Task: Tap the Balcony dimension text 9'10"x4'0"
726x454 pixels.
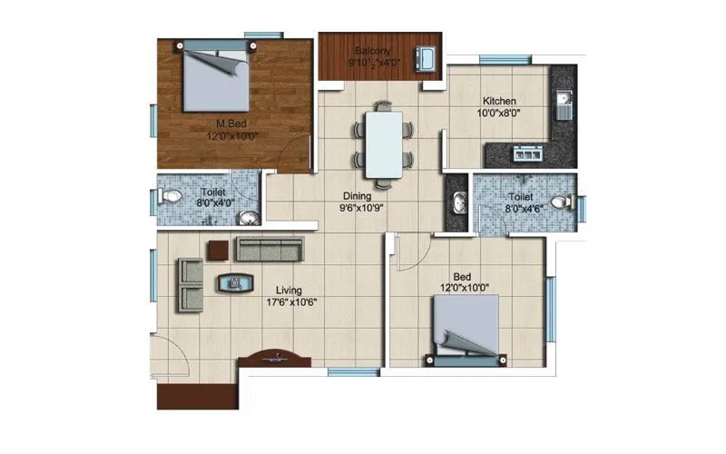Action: pos(380,64)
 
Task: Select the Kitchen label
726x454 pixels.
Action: pos(499,101)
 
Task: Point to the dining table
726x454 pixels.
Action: pos(383,141)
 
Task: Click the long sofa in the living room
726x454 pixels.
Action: pos(269,248)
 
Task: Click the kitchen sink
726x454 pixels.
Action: pos(563,102)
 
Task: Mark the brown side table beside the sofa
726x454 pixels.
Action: pos(219,248)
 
